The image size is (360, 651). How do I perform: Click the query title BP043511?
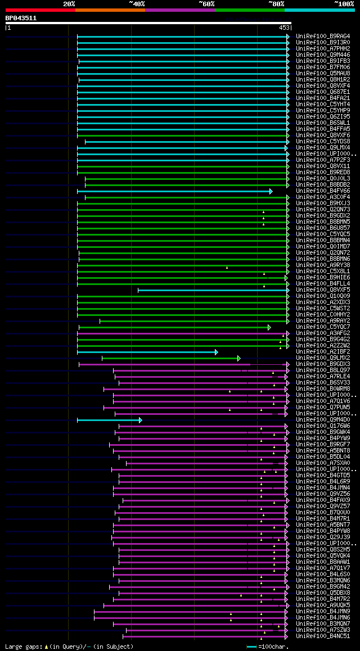[21, 18]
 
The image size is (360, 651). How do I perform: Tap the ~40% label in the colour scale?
[137, 4]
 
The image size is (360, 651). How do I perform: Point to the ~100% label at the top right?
[344, 4]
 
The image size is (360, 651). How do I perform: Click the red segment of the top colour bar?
[40, 10]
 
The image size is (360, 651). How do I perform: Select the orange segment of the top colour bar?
[110, 10]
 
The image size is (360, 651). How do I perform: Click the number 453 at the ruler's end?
[283, 27]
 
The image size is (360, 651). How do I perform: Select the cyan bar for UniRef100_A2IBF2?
[146, 352]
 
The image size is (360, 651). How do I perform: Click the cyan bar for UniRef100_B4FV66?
[174, 191]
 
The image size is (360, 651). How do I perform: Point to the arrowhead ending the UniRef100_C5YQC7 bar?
[269, 327]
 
